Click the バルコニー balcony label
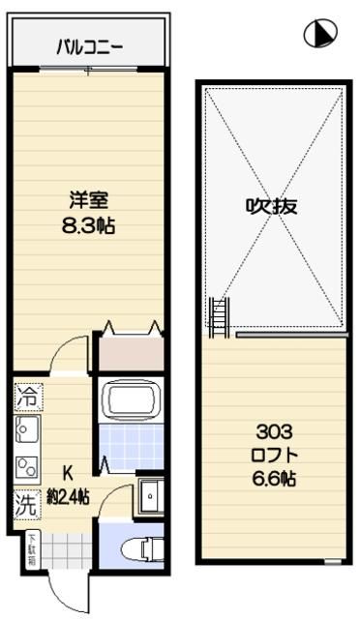click(88, 44)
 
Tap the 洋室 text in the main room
click(87, 201)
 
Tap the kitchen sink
click(27, 428)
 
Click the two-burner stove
click(27, 466)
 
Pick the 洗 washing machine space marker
click(27, 503)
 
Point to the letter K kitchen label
click(68, 474)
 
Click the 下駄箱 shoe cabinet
click(32, 551)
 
